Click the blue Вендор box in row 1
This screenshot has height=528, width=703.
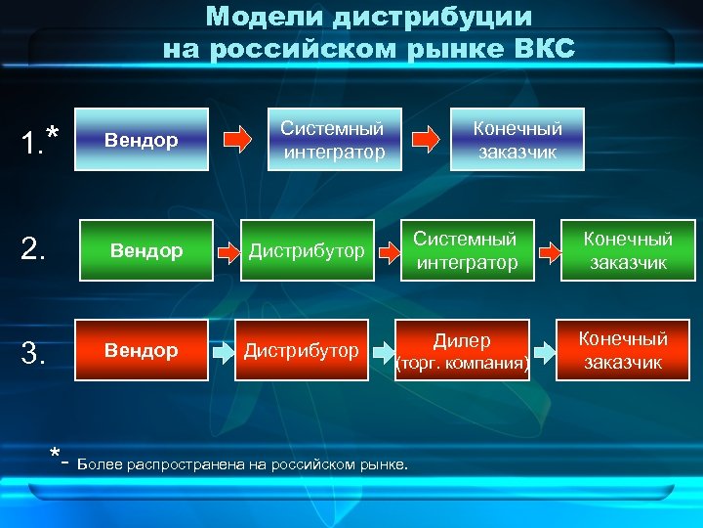(x=143, y=140)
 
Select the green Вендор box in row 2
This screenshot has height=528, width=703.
(x=146, y=251)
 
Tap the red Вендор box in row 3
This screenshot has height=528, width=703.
(x=142, y=350)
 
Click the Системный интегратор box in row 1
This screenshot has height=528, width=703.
(x=332, y=140)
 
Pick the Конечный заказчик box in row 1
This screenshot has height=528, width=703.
(x=517, y=140)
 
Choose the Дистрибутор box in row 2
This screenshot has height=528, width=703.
(x=308, y=251)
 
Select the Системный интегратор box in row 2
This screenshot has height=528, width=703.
(x=467, y=250)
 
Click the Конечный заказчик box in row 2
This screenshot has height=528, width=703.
(x=628, y=250)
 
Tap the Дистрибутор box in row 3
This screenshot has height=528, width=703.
(x=301, y=350)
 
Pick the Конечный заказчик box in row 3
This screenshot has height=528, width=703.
(x=623, y=350)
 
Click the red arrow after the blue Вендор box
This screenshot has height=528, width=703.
(x=238, y=140)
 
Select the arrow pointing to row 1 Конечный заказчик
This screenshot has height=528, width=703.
(x=425, y=140)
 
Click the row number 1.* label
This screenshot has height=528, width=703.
(x=40, y=143)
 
